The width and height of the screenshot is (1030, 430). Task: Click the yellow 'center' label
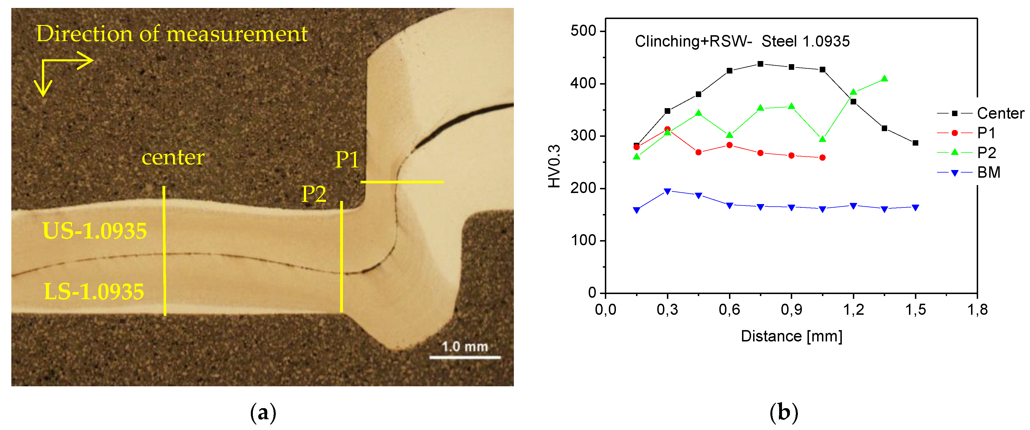point(173,157)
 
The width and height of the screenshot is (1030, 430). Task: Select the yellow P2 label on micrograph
point(313,194)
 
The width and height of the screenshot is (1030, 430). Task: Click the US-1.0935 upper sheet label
point(95,231)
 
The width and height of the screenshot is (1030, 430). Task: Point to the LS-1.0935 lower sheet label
point(94,291)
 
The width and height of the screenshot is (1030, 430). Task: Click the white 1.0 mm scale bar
point(465,357)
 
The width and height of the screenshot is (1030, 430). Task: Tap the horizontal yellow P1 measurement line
point(402,182)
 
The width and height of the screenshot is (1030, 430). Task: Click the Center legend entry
point(1000,113)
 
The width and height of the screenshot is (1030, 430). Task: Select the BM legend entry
point(988,173)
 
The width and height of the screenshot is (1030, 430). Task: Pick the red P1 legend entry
point(986,133)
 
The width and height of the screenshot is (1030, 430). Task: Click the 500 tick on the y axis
point(583,31)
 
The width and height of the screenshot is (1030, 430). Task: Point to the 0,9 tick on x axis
point(791,309)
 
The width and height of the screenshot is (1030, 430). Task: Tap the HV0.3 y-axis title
point(554,166)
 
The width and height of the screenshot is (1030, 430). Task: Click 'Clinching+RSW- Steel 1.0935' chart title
point(742,41)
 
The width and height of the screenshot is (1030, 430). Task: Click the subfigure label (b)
point(784,413)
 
